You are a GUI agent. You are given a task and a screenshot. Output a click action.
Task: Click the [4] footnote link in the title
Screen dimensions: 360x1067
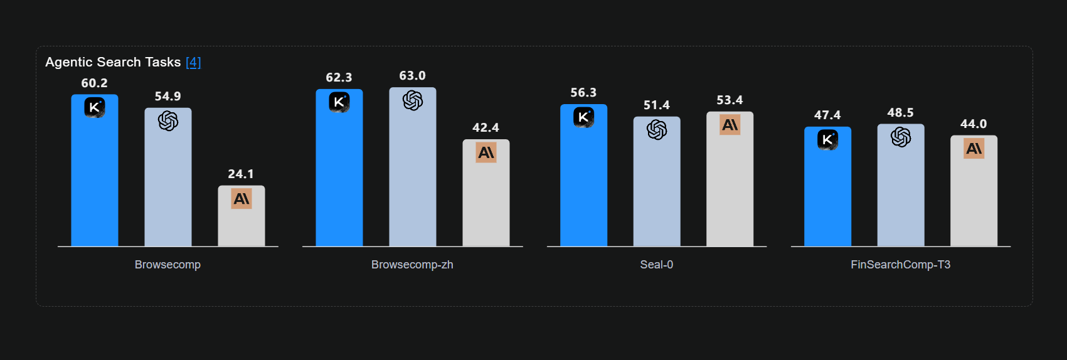[x=193, y=62]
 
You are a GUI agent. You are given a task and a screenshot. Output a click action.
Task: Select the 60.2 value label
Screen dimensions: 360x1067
[x=94, y=83]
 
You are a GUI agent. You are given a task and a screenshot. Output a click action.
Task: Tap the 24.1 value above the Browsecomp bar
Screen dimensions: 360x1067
[x=241, y=174]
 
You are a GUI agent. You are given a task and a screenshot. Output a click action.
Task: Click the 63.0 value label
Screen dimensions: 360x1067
[x=412, y=76]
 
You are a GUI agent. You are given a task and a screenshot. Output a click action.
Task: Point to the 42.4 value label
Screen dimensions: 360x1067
[x=486, y=128]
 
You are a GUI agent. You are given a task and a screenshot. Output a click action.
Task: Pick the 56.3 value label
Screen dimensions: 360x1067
[x=583, y=93]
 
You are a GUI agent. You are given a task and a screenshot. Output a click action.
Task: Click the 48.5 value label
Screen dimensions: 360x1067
[x=900, y=113]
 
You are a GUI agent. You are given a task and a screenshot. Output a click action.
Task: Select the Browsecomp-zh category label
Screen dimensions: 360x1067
[x=412, y=265]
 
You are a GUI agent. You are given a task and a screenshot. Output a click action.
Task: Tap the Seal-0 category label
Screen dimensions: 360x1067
[x=656, y=265]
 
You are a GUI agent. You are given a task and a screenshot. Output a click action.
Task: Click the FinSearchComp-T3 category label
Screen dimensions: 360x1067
[x=900, y=265]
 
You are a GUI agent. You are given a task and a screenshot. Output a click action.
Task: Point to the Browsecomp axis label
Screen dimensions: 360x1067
[x=167, y=265]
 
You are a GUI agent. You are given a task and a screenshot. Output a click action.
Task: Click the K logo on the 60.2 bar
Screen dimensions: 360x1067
[x=95, y=107]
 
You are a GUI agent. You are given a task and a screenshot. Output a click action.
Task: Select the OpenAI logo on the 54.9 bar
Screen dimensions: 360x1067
[x=168, y=120]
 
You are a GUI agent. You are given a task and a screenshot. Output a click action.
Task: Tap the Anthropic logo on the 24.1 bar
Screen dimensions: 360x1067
[x=242, y=199]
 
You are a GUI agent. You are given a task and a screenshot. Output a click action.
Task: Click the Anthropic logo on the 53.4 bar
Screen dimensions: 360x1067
[x=730, y=125]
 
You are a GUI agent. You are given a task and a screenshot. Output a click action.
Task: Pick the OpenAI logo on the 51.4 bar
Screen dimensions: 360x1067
[x=657, y=130]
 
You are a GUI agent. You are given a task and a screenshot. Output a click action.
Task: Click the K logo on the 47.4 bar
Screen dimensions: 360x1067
[x=827, y=139]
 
